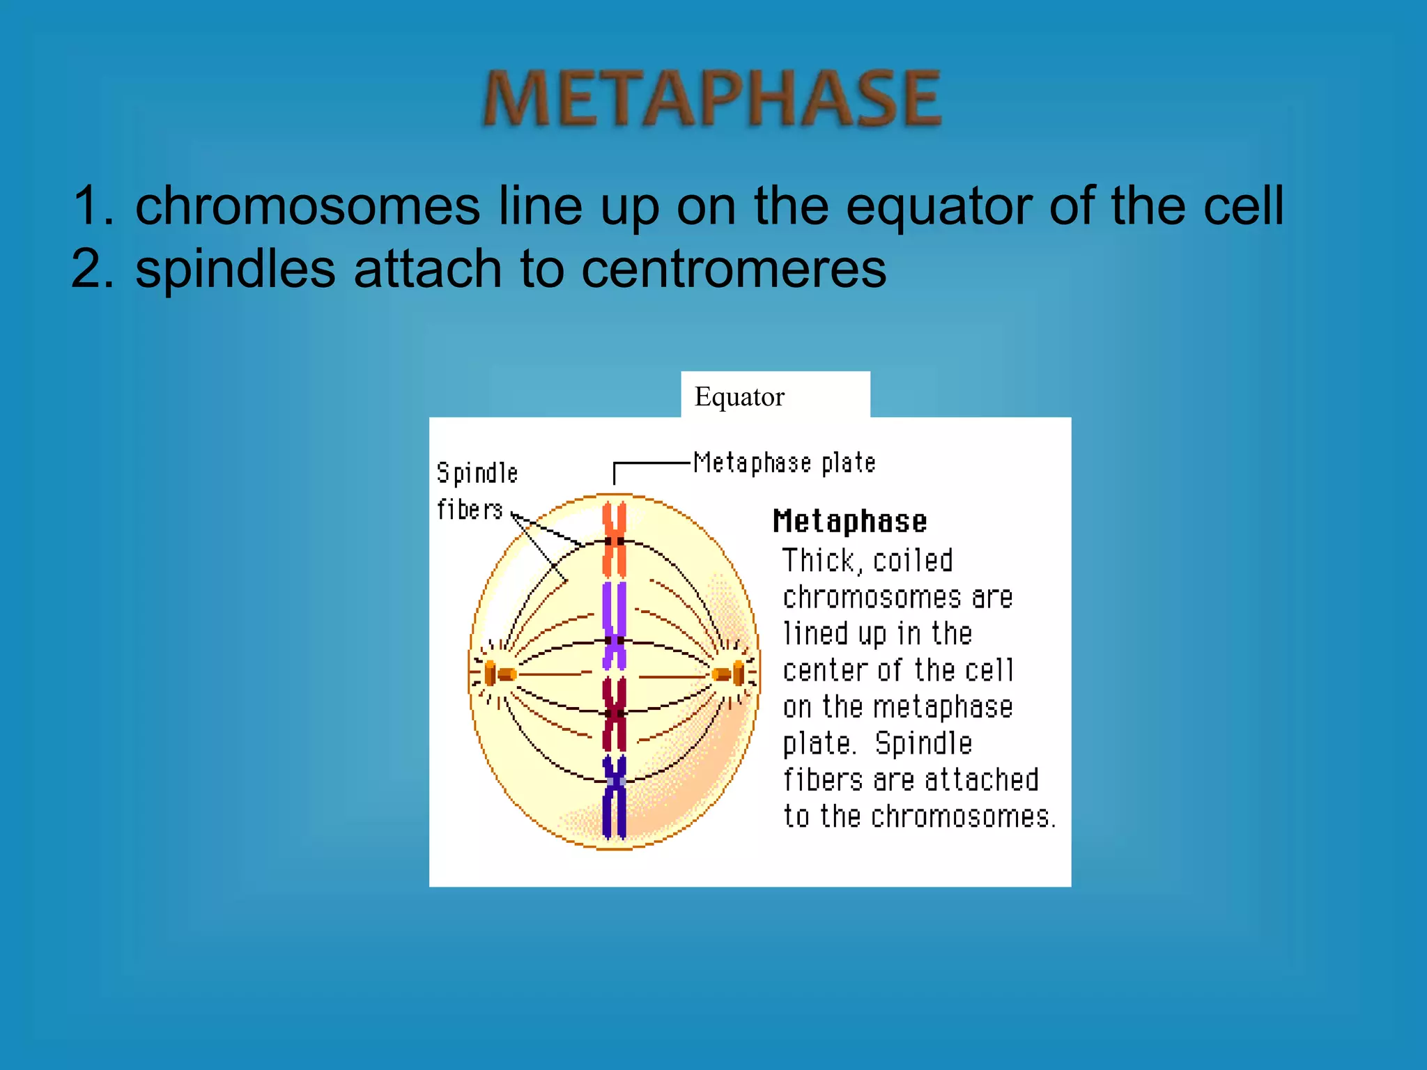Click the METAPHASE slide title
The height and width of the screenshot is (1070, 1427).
coord(711,98)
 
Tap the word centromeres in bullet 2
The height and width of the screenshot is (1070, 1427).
coord(734,269)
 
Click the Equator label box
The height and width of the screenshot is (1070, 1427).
coord(775,396)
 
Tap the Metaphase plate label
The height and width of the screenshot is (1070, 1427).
coord(784,463)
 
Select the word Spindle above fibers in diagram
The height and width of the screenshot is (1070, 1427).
coord(477,474)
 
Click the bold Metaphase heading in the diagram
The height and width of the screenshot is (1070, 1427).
coord(849,522)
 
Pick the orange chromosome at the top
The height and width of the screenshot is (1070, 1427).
coord(614,540)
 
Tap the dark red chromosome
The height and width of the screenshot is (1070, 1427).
coord(614,713)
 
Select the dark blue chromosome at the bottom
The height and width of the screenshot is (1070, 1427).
coord(614,796)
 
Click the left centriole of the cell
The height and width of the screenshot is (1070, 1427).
coord(500,674)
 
